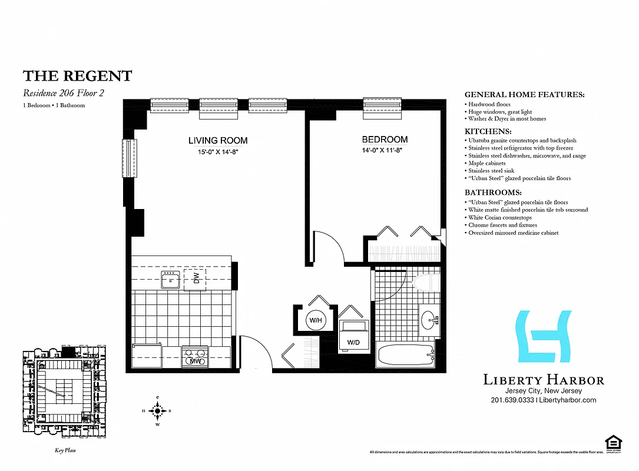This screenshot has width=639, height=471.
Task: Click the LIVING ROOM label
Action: [217, 141]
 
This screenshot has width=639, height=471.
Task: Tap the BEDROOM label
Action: [385, 140]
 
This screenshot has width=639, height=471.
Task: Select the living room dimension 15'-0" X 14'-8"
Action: [217, 151]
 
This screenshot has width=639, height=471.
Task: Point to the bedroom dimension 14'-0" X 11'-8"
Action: [385, 150]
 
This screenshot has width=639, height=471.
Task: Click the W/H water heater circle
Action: [315, 320]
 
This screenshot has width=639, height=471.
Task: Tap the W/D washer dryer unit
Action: [354, 336]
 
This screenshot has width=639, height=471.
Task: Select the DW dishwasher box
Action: [196, 278]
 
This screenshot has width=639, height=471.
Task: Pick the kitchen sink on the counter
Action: [171, 280]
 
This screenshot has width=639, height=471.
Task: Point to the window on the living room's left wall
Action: [128, 158]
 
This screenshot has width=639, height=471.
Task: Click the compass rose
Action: [157, 410]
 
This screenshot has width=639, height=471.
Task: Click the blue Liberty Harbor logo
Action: [544, 336]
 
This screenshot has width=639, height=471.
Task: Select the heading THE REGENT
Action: [77, 76]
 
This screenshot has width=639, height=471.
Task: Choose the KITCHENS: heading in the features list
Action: [488, 131]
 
